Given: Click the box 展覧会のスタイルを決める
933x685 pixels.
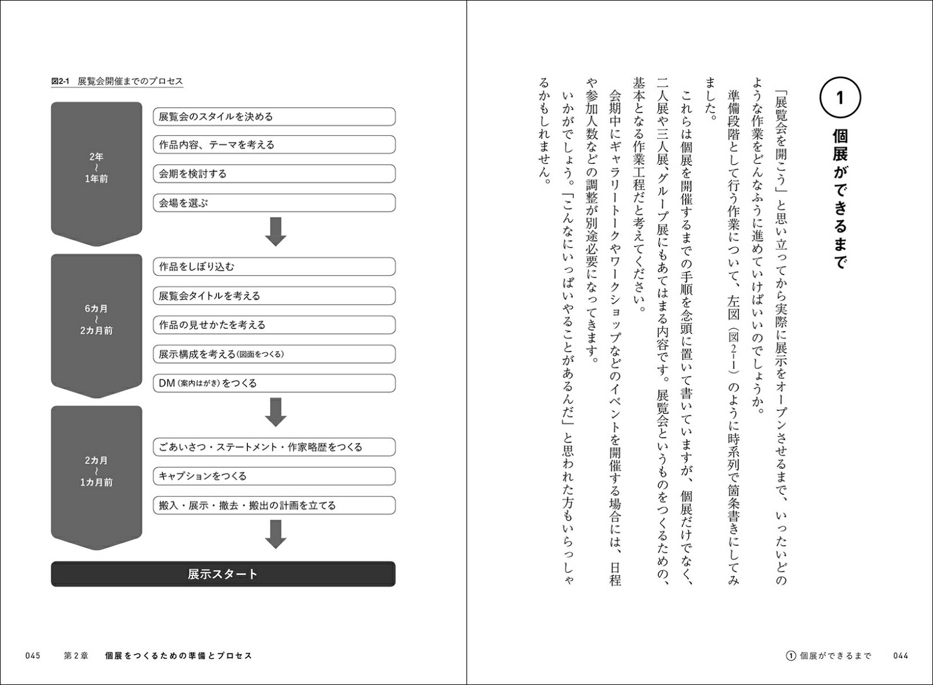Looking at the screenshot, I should [x=274, y=117].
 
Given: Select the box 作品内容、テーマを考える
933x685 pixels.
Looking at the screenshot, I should [x=274, y=145].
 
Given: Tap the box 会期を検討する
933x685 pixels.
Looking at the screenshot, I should [x=274, y=174].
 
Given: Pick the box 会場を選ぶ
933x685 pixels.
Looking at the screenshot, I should [x=274, y=203].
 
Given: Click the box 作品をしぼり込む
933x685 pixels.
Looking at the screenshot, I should [x=274, y=266].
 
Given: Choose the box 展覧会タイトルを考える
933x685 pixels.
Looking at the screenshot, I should [x=274, y=296].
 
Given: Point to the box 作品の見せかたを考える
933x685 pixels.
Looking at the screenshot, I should [x=274, y=325].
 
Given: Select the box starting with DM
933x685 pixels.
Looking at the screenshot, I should [x=274, y=383].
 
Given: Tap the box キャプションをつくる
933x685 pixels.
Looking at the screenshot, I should [x=274, y=476].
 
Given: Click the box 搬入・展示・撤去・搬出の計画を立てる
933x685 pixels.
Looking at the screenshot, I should [x=274, y=505].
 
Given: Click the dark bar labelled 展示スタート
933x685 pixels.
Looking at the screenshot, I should [x=223, y=574].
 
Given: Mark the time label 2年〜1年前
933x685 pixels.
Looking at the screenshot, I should [x=96, y=168].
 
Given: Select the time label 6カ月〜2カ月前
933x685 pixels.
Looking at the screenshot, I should [x=96, y=319].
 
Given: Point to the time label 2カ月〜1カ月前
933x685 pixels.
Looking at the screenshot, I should [x=96, y=471].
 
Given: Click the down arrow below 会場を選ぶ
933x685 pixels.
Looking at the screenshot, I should [x=275, y=231].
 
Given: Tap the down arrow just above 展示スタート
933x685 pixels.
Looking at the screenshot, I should [x=275, y=534].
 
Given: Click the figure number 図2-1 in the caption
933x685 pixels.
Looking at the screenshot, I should [x=61, y=82].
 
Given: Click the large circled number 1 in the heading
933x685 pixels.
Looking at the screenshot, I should [x=840, y=97].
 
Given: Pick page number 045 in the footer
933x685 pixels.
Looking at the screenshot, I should [x=33, y=656].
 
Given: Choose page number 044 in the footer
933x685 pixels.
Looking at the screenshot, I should [x=901, y=656].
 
